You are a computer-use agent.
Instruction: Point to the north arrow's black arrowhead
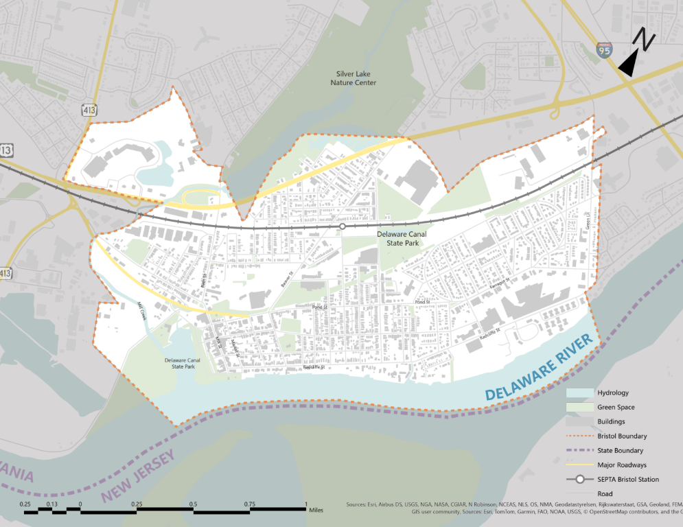coord(628,65)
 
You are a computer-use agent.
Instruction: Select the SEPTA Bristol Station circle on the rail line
coord(342,226)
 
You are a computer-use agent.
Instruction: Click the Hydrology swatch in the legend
coord(579,393)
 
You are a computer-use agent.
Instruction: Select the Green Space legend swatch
coord(579,408)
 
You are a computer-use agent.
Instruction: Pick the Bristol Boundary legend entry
coord(622,436)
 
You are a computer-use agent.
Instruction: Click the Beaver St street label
coord(286,279)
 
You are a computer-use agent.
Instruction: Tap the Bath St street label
coord(204,280)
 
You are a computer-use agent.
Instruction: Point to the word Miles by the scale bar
coord(316,510)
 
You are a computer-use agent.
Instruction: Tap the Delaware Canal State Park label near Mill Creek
coord(182,363)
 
